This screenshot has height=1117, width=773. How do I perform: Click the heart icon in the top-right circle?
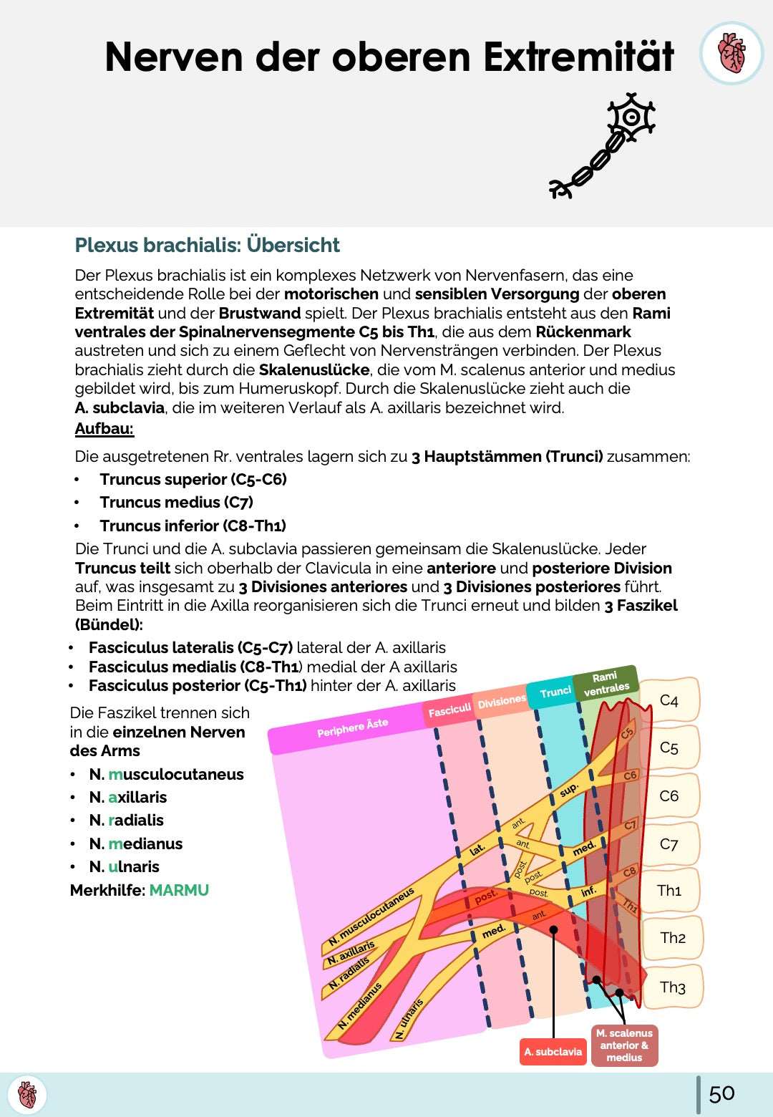click(731, 53)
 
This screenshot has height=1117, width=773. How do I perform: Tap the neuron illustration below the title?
click(603, 145)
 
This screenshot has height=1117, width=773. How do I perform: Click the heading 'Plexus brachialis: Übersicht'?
click(207, 245)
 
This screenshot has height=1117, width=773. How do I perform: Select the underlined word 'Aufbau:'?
click(104, 429)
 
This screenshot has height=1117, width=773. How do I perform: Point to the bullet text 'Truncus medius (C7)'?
click(176, 503)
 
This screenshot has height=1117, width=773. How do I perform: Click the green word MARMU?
click(179, 890)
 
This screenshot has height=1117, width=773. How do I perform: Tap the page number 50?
click(721, 1093)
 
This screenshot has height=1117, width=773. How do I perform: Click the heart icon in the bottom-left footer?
click(27, 1095)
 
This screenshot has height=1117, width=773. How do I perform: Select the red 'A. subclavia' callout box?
click(553, 1051)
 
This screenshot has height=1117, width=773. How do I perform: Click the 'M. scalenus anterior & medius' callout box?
click(624, 1045)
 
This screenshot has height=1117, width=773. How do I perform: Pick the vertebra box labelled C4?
click(669, 700)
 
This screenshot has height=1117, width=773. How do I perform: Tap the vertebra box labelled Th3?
click(672, 987)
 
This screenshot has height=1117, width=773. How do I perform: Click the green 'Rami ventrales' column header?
click(606, 684)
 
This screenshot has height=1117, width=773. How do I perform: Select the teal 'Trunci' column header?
click(555, 692)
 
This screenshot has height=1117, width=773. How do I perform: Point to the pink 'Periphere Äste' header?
click(352, 727)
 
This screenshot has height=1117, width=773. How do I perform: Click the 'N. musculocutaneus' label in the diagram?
click(371, 917)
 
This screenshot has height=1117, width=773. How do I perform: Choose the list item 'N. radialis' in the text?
click(126, 821)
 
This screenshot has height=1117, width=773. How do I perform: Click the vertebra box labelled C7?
click(669, 843)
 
